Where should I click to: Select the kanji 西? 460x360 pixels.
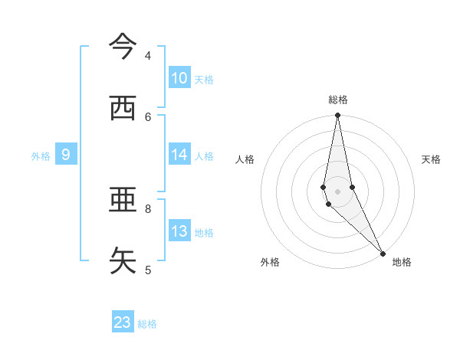click(123, 109)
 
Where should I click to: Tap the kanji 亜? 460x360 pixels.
click(123, 201)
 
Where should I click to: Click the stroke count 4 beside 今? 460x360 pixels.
click(148, 56)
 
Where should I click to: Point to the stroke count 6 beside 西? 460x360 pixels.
click(148, 116)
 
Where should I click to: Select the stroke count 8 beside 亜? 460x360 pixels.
click(148, 208)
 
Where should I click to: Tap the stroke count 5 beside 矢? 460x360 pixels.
click(148, 270)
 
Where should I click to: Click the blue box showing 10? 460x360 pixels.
click(179, 78)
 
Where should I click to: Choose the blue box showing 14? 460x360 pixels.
click(179, 155)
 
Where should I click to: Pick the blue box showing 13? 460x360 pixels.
click(179, 231)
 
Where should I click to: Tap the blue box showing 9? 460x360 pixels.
click(66, 155)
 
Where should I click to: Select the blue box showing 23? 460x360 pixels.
click(123, 322)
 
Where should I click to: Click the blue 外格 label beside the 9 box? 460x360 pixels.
click(41, 156)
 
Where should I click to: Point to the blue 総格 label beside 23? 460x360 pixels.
click(148, 324)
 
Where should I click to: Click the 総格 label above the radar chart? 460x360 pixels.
click(338, 100)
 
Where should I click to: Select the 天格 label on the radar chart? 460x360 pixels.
click(431, 159)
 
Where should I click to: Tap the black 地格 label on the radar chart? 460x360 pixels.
click(402, 263)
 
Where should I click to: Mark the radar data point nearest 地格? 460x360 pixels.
click(383, 253)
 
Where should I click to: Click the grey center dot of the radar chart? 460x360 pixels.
click(338, 191)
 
